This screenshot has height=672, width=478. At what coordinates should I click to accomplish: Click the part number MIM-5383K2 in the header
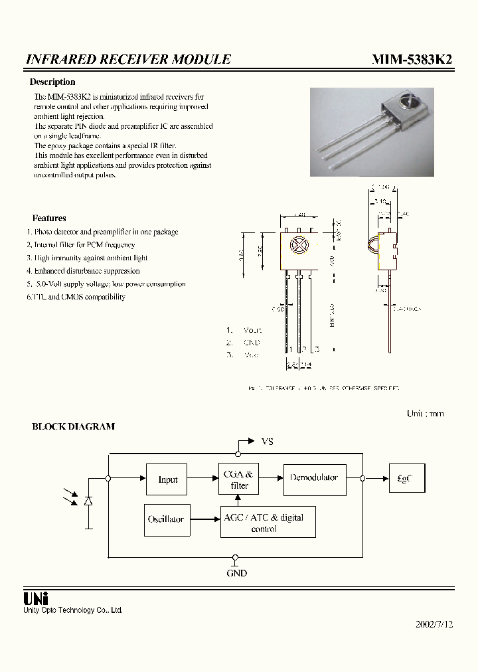tap(412, 59)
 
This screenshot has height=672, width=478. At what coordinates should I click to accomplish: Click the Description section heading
tap(52, 82)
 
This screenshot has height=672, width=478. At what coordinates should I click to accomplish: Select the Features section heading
tap(49, 218)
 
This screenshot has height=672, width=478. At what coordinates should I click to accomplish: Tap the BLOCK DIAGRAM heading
tap(73, 427)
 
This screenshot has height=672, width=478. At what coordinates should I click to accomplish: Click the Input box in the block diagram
tap(167, 479)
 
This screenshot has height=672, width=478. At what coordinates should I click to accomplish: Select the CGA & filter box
tap(239, 479)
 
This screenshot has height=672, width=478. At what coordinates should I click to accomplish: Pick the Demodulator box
tap(314, 478)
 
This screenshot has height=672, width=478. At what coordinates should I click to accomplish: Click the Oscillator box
tap(166, 519)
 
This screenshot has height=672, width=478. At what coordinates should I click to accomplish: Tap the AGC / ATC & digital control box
tap(268, 523)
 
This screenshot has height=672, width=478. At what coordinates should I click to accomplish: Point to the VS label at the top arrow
tap(267, 442)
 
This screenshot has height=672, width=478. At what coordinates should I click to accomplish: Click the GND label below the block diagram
tap(236, 573)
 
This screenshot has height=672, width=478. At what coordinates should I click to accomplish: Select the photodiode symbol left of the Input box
tap(88, 501)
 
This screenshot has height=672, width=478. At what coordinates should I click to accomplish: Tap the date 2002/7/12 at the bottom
tap(434, 624)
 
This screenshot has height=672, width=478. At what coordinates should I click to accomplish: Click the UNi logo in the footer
tap(37, 598)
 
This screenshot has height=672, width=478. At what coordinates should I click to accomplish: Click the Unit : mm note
tap(425, 414)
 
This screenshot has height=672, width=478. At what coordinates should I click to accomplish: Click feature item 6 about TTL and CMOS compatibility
tap(76, 297)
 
